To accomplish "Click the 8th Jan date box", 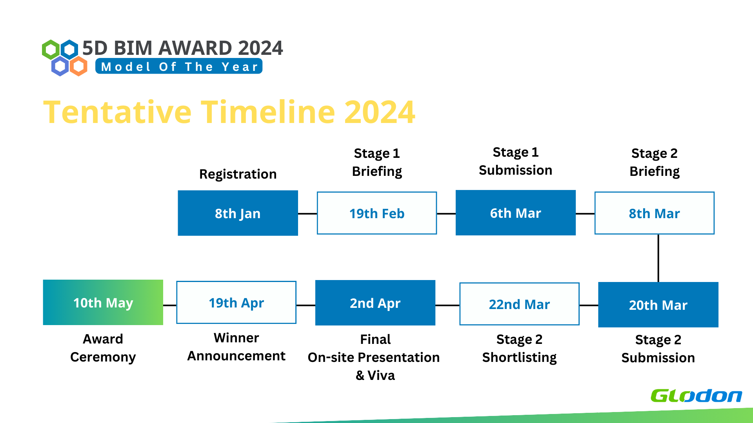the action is pos(238,213).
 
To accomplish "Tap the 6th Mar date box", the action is pos(516,213).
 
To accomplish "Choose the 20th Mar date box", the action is pos(658,305).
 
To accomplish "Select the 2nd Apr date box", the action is pos(375,303).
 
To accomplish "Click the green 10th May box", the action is pos(103,302).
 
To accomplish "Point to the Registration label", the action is pos(238,174).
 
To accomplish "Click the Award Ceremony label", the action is pos(103,348).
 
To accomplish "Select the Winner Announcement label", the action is pos(236,347).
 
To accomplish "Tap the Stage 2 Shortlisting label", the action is pos(519,348).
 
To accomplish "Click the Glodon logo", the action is pos(697,396).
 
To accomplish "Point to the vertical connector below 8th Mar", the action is pos(658,258).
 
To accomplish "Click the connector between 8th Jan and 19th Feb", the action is pos(307,213).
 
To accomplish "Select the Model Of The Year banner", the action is pos(179,66).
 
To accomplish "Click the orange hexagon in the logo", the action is pos(78,66).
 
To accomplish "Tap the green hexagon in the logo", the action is pos(51,50).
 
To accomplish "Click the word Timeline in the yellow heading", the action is pos(268,112).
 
